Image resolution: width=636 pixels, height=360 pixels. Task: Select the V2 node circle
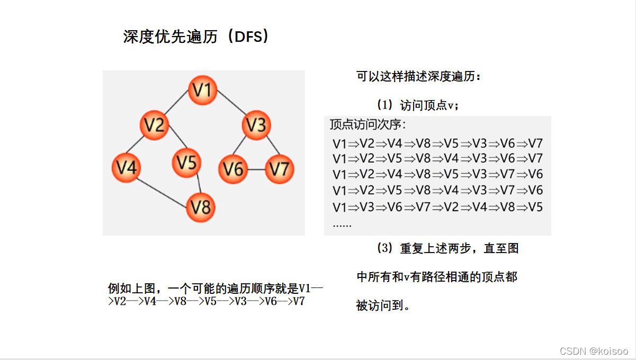coord(154,125)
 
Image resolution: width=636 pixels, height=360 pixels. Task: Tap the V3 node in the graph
coord(256,125)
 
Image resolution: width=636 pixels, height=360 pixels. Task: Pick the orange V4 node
coord(126,167)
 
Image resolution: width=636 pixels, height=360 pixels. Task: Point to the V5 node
coord(186,163)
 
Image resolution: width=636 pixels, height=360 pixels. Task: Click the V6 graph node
coord(233,169)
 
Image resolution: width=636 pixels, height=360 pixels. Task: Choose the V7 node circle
coord(279,169)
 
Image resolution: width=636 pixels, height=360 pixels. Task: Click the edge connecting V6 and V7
coord(256,169)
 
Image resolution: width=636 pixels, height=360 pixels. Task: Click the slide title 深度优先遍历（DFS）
coord(196,37)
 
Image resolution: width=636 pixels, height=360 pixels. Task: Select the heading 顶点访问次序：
coord(368,125)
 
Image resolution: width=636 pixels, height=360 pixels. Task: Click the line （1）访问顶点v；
coord(418,105)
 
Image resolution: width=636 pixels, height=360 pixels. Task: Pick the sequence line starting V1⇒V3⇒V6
coord(437,207)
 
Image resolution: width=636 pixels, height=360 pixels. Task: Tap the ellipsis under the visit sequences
coord(342,224)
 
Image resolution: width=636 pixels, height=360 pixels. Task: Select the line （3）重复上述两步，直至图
coord(447,248)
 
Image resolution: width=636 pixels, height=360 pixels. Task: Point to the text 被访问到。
coord(383,305)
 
